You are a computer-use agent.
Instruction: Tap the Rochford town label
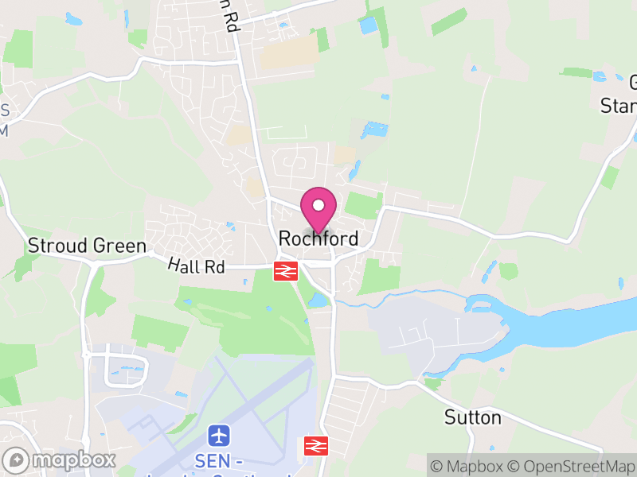[318, 238]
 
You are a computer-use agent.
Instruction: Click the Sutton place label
[473, 417]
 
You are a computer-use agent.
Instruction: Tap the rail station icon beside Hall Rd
[286, 271]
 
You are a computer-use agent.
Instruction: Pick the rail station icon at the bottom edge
[315, 446]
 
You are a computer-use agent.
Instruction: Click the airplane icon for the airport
[219, 436]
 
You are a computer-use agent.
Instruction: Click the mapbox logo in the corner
[61, 460]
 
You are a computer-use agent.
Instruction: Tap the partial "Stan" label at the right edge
[619, 106]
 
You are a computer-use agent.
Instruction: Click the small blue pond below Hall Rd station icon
[318, 300]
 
